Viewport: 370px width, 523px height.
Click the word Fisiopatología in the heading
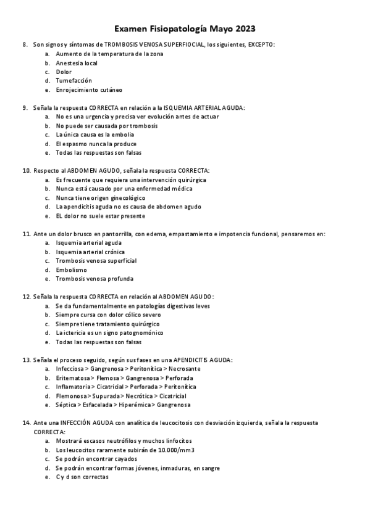(x=176, y=29)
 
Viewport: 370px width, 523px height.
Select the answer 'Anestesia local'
(x=77, y=63)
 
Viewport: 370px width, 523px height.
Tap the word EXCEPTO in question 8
(x=261, y=45)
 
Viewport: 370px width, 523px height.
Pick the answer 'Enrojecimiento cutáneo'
(x=89, y=89)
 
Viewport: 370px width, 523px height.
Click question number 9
(x=25, y=108)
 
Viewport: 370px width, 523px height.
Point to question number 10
(x=26, y=170)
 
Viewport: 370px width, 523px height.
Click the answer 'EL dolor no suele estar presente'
(x=100, y=216)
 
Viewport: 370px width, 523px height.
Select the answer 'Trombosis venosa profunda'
(x=94, y=279)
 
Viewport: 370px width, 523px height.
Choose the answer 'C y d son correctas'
(x=82, y=477)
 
